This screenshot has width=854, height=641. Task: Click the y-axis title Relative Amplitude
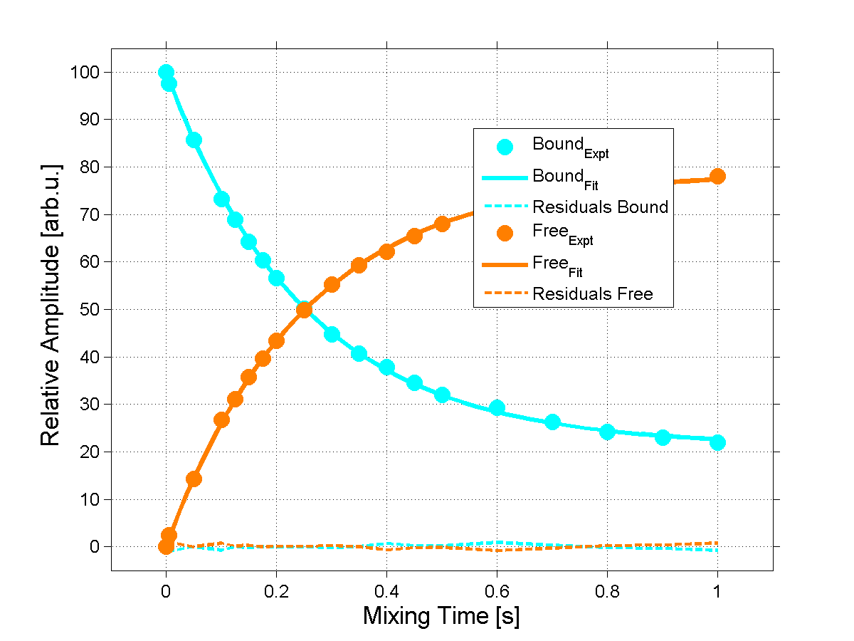pos(51,305)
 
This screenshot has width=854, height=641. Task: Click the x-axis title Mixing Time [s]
pos(441,615)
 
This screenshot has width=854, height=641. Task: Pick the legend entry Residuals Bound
pos(600,207)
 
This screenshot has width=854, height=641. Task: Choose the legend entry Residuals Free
pos(592,293)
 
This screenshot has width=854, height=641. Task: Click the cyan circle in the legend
pos(505,147)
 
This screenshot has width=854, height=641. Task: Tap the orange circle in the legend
pos(505,233)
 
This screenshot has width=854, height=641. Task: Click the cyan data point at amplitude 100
pos(167,72)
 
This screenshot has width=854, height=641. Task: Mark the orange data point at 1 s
pos(717,176)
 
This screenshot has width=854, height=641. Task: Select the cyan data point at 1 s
pos(717,442)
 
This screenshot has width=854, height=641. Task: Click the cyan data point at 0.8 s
pos(607,432)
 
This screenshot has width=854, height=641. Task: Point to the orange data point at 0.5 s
pos(442,224)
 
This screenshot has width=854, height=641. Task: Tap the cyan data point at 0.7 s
pos(552,422)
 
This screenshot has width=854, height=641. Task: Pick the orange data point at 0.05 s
pos(194,479)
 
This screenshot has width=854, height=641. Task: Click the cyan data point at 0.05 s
pos(194,140)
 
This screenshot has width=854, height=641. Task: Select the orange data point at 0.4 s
pos(386,251)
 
